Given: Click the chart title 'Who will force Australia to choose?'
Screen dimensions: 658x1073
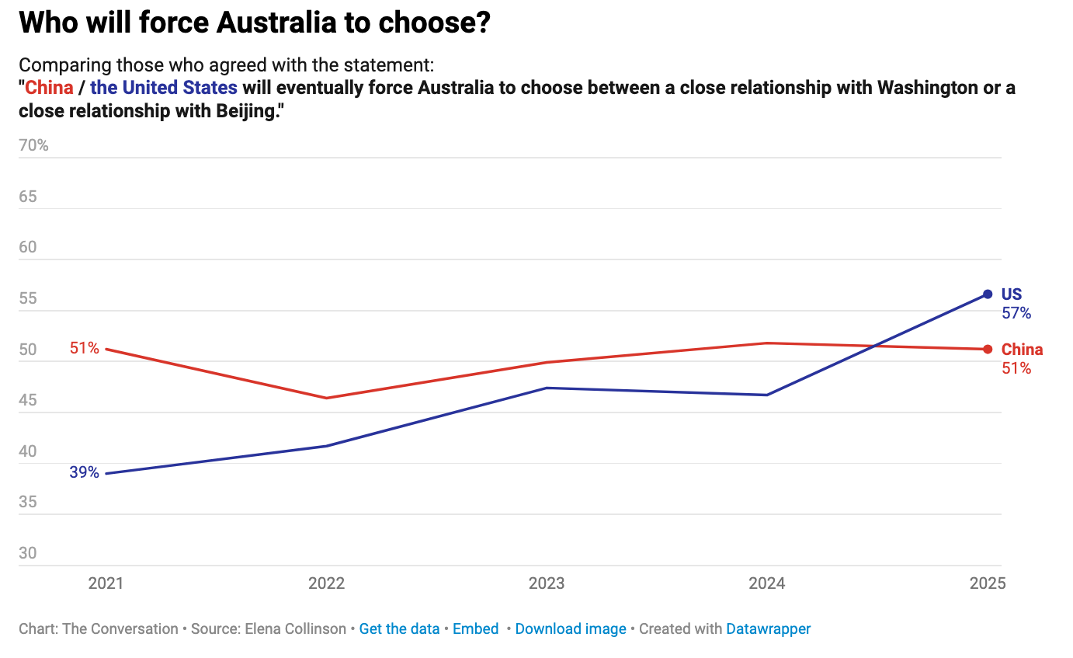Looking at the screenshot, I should coord(255,23).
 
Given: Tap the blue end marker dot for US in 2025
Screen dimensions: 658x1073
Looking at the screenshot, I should coord(988,294).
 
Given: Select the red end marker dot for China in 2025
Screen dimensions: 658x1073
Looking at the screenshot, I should coord(988,349).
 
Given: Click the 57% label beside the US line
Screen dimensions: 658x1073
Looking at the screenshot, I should coord(1016,313).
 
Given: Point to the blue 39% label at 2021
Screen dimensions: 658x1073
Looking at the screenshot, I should coord(84,472).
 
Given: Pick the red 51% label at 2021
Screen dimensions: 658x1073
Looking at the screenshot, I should coord(84,348).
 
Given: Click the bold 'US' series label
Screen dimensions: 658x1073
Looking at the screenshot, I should coord(1012,294).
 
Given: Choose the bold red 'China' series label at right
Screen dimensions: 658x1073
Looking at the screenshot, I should coord(1023,350).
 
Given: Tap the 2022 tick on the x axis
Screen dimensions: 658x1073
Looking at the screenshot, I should coord(326,583).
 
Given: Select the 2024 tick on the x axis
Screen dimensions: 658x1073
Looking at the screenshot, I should coord(766,583).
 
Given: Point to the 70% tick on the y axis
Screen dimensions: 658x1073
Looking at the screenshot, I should coord(33,145).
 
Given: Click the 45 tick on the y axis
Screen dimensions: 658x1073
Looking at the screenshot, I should coord(28,401).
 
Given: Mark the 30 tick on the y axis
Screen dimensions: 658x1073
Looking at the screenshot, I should coord(28,553).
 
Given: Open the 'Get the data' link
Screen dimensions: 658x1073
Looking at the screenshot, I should coord(399,629).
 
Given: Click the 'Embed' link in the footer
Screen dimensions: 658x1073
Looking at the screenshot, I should coord(475,629).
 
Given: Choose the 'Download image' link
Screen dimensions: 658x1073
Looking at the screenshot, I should coord(571,629).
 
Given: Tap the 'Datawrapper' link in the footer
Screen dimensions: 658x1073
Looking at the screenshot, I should coord(768,629).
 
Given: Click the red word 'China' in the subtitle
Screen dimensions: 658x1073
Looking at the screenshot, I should coord(49,88).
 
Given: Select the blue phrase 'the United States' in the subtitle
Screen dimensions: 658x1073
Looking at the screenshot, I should coord(164,88).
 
